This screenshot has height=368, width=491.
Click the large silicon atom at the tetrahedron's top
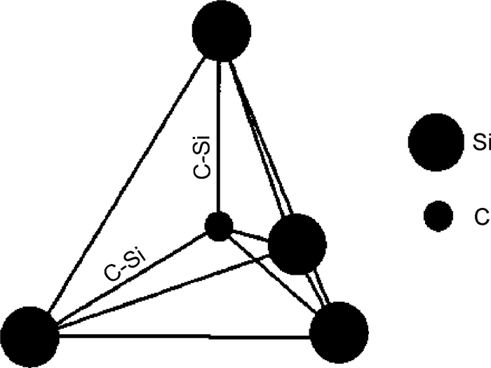click(222, 31)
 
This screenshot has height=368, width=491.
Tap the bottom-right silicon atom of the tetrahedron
click(339, 330)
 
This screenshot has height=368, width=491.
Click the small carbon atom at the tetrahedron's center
click(219, 226)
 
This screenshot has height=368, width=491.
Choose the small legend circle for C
click(442, 216)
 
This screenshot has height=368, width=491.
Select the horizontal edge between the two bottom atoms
click(182, 336)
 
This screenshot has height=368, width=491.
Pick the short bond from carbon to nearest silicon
click(251, 234)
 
